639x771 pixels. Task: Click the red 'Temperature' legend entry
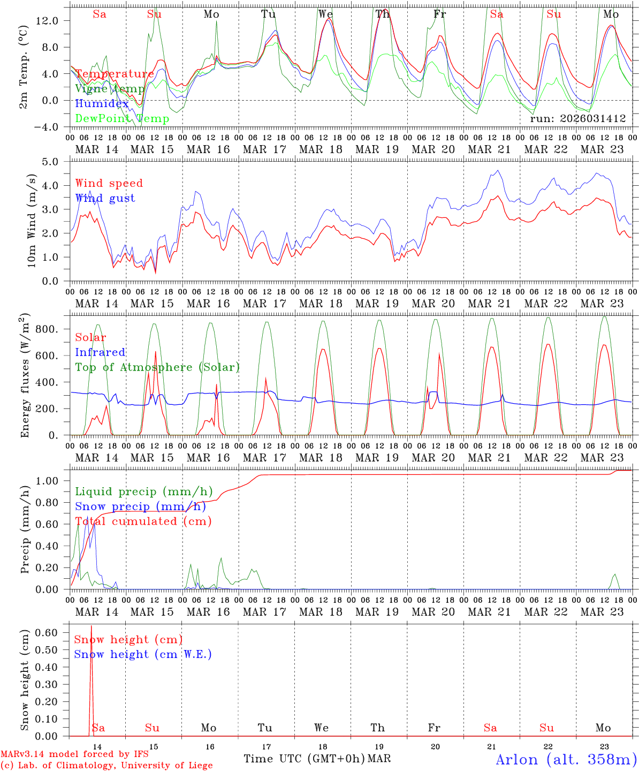coord(115,74)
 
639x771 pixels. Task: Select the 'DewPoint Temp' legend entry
coord(122,119)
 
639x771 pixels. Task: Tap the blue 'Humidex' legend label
coord(102,104)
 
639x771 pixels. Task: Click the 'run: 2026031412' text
coord(577,119)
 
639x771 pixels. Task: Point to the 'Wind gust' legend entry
coord(105,198)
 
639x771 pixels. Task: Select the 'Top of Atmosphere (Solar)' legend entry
coord(157,367)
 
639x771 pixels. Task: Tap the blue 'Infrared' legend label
coord(100,352)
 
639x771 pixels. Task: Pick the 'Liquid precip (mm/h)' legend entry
coord(143,492)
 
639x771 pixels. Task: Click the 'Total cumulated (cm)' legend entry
coord(143,521)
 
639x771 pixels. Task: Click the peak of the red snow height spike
coord(91,625)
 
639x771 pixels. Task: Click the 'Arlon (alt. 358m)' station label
coord(566,759)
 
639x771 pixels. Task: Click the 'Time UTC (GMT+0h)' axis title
coord(304,759)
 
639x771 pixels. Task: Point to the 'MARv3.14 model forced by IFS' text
coord(74,754)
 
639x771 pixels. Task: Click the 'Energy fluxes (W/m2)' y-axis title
coord(25,375)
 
